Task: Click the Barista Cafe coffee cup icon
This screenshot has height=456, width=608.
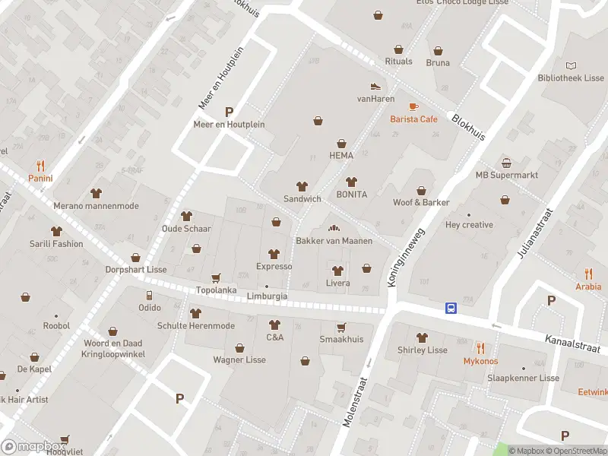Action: coord(413,106)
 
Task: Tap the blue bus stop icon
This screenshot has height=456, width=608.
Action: coord(451,308)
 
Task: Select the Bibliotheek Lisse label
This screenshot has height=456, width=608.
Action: coord(571,78)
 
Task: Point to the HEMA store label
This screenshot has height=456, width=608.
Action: coord(341,155)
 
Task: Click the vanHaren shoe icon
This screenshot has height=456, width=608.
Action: coord(375,86)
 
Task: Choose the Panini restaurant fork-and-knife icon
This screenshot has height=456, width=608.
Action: coord(40,166)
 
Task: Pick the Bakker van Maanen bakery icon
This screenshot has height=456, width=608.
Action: coord(333,228)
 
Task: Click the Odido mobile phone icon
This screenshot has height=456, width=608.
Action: coord(149,295)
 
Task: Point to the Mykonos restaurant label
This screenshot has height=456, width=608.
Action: coord(480,361)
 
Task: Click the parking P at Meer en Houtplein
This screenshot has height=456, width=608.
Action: coord(229,112)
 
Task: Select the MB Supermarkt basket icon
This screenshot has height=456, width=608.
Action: coord(506,163)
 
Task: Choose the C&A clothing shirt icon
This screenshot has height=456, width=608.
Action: coord(274,325)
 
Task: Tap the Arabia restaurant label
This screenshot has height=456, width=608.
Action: coord(587,287)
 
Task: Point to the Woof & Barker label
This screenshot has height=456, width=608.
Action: coord(420,202)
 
